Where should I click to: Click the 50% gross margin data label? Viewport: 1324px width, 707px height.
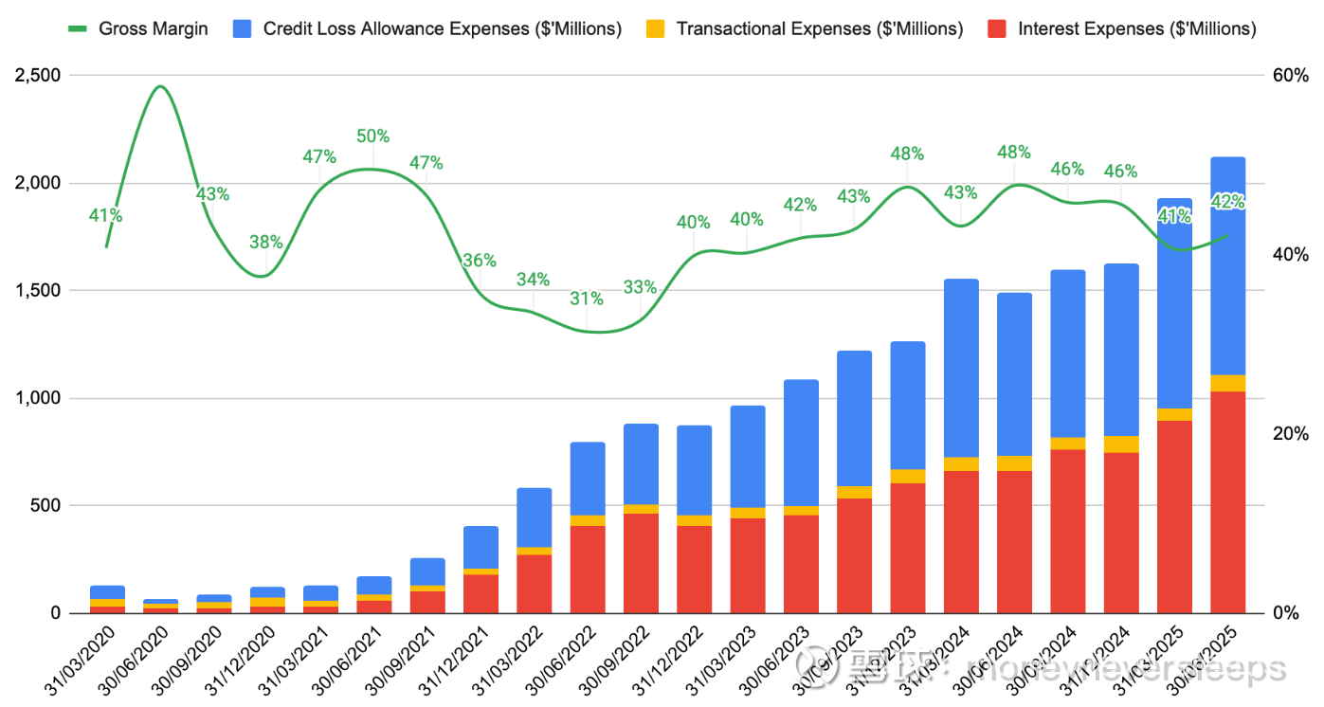pos(372,136)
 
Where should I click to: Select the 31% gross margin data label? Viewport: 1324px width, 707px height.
pos(587,299)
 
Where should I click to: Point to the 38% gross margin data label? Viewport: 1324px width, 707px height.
pos(265,242)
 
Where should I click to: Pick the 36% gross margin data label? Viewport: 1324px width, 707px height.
pos(480,261)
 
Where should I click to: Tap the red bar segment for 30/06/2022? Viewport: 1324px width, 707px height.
pos(587,569)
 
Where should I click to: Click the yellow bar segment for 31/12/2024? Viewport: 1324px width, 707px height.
pos(1121,444)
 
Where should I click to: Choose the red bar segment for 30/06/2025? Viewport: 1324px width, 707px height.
pos(1227,502)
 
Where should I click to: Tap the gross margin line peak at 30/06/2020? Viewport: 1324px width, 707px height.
pos(160,86)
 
